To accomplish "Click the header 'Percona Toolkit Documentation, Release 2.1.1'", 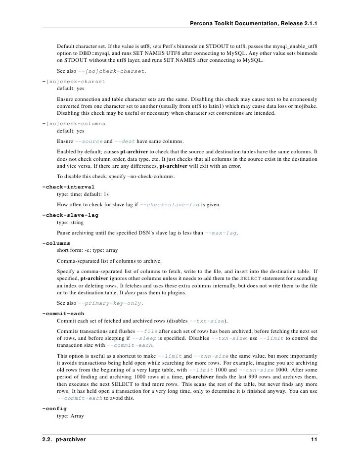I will (253, 24).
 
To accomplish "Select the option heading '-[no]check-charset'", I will (74, 81).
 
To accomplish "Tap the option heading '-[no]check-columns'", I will (74, 123).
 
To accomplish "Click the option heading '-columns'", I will (56, 243).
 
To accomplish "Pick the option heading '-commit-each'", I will (63, 313).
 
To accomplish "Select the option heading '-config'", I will (54, 409).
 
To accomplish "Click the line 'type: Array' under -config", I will (71, 417).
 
